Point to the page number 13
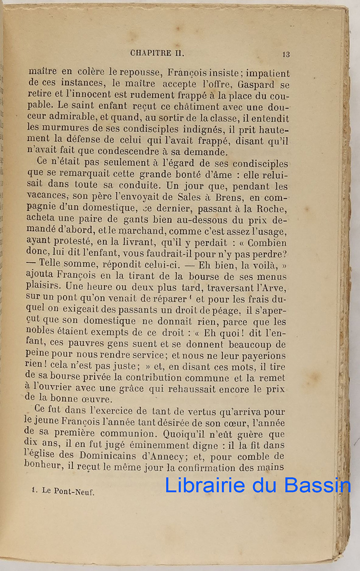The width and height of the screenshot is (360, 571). pyautogui.click(x=286, y=54)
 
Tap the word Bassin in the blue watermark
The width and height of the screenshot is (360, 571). pyautogui.click(x=318, y=485)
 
